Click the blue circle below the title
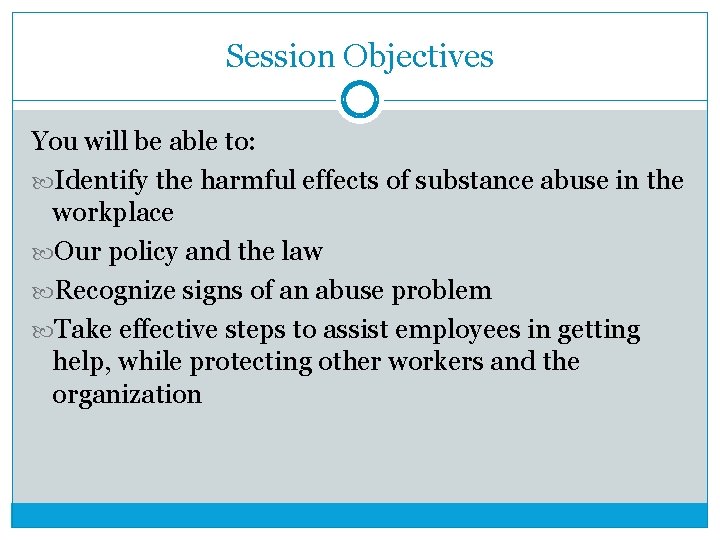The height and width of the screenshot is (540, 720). [360, 100]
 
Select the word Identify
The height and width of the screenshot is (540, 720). [101, 181]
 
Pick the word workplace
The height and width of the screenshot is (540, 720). [112, 213]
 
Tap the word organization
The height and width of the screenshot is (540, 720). [126, 394]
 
